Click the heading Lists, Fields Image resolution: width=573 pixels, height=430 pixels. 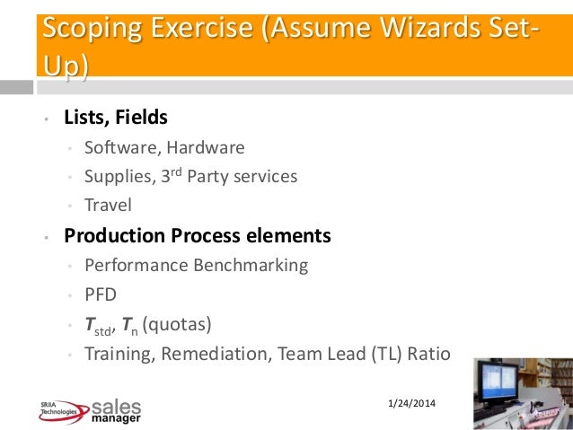(115, 118)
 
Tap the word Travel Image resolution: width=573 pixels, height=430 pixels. (107, 205)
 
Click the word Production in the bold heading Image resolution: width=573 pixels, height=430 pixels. (113, 236)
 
